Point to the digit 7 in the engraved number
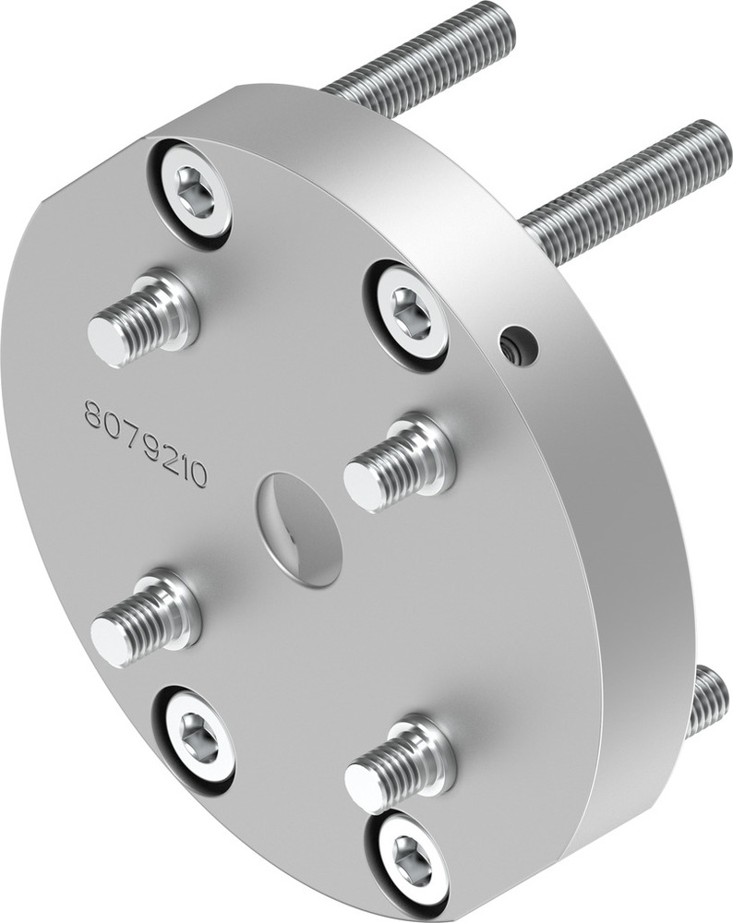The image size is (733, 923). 130,432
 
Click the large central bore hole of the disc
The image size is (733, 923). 300,529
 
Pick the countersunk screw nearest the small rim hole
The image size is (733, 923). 408,318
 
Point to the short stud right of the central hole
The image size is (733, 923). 400,463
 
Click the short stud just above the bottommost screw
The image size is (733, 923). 401,765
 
